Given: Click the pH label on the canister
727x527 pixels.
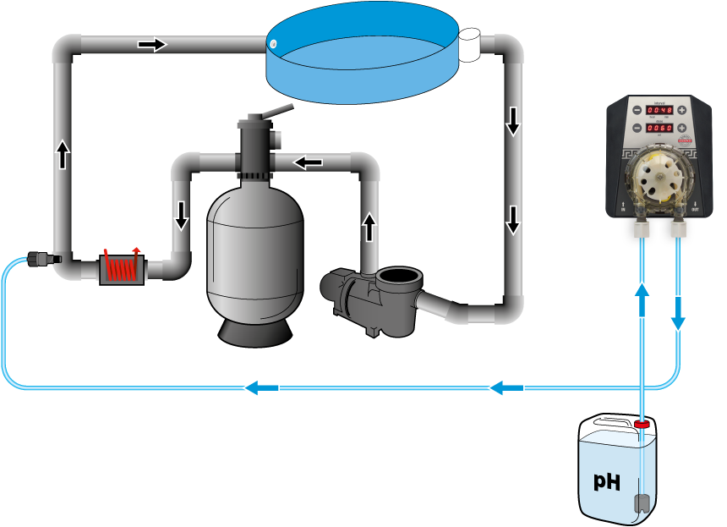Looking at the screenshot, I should [x=606, y=481].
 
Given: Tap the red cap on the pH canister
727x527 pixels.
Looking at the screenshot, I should [x=642, y=422].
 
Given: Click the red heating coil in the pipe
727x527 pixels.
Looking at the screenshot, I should [x=122, y=268].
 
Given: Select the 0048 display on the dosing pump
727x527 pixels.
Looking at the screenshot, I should [x=659, y=110].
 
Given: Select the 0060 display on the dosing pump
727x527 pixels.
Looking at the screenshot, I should [x=659, y=129].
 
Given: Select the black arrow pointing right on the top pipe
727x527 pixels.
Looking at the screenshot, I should [x=152, y=44].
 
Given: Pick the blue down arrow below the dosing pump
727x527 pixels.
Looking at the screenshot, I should [x=678, y=314].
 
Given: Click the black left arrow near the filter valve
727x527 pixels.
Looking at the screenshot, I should [x=308, y=162].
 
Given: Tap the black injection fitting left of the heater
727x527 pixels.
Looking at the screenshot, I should [x=38, y=259].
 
